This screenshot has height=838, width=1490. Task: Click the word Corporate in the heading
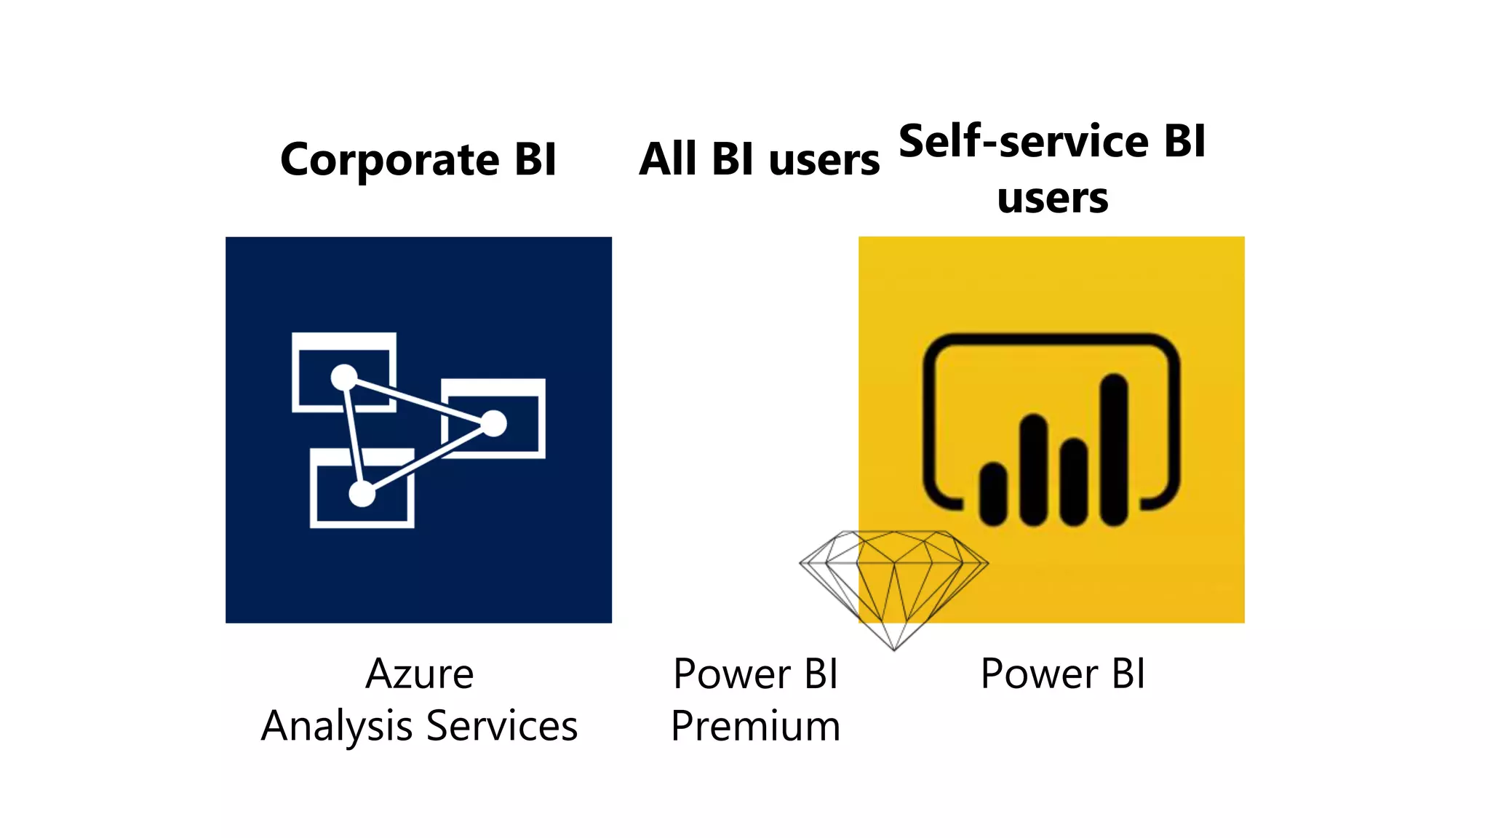390,159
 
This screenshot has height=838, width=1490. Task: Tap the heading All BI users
759,159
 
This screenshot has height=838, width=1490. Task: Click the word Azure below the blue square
420,674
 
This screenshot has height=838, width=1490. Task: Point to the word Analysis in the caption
336,726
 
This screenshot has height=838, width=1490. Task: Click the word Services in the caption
502,726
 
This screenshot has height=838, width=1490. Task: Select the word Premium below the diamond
755,726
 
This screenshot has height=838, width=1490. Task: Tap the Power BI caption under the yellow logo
1062,674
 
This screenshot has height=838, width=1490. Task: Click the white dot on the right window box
493,423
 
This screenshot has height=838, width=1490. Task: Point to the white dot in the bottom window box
362,494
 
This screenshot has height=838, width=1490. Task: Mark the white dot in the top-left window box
344,377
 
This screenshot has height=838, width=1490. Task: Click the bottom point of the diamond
894,648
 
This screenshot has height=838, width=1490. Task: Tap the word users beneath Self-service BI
1052,198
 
